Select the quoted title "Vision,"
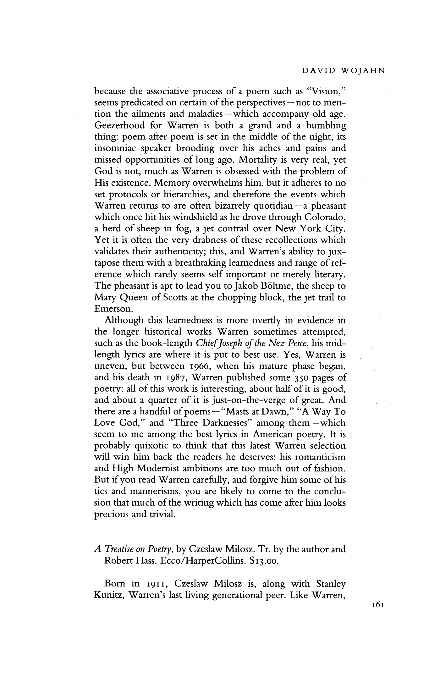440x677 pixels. point(327,91)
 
